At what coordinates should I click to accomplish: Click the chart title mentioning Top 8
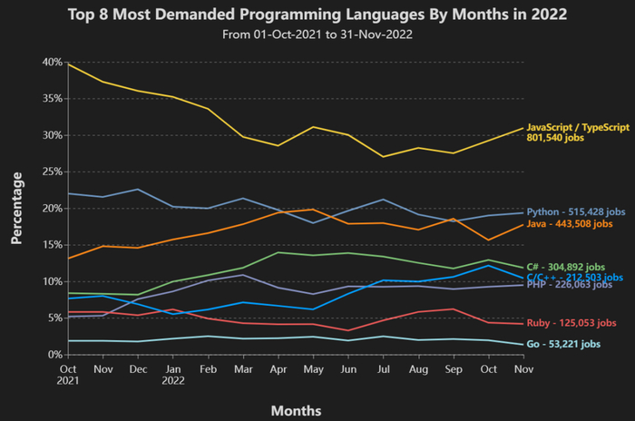pyautogui.click(x=317, y=15)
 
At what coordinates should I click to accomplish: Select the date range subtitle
pyautogui.click(x=317, y=34)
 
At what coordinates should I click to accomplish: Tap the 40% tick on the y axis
pyautogui.click(x=50, y=62)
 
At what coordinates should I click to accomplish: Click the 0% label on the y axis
pyautogui.click(x=53, y=355)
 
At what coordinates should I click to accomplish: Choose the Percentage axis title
pyautogui.click(x=16, y=208)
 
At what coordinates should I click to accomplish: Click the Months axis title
pyautogui.click(x=296, y=410)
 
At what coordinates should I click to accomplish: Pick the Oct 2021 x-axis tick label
pyautogui.click(x=69, y=374)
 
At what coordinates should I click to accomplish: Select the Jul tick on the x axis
pyautogui.click(x=385, y=368)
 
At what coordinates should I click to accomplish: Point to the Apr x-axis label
pyautogui.click(x=279, y=368)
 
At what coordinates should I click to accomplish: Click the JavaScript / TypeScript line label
pyautogui.click(x=577, y=128)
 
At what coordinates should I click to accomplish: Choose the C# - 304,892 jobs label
pyautogui.click(x=577, y=266)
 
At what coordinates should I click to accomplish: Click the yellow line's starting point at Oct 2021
pyautogui.click(x=69, y=64)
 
